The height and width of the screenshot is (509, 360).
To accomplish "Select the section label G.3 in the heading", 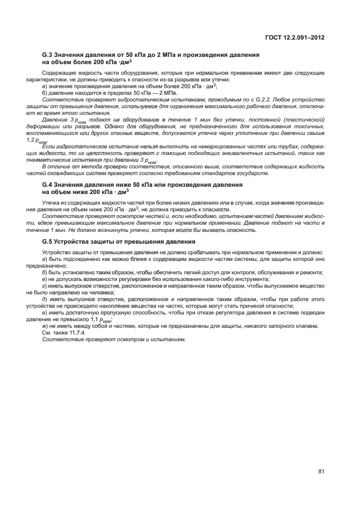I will tap(47, 55).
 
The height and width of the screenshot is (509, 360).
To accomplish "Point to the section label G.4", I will tap(47, 184).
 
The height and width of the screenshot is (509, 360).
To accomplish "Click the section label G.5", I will tap(47, 241).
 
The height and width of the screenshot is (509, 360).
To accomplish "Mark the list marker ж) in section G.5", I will tap(45, 326).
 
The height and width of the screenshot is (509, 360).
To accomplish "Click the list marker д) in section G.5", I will tap(45, 299).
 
